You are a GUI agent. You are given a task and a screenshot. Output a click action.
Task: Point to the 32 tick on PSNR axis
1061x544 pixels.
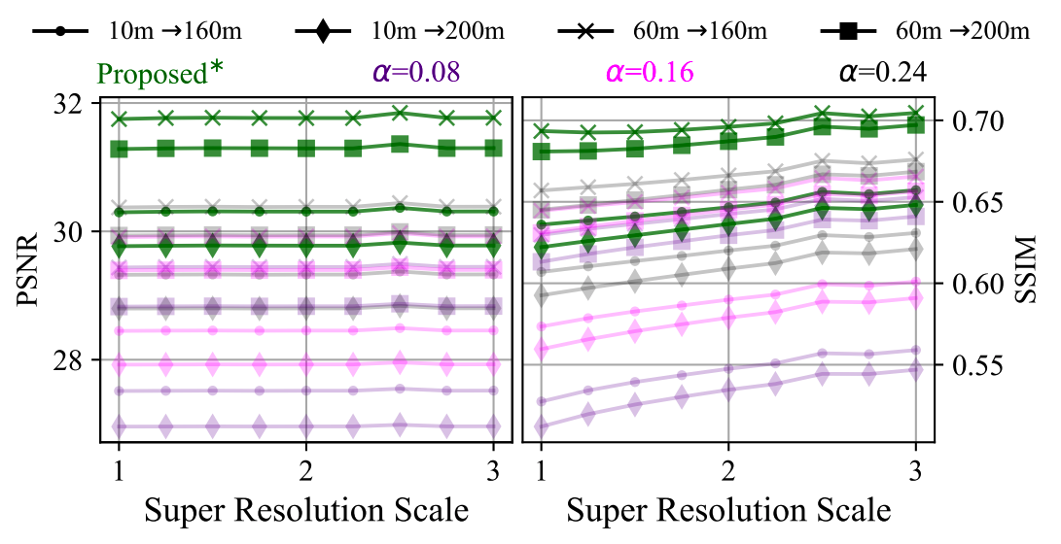tap(79, 103)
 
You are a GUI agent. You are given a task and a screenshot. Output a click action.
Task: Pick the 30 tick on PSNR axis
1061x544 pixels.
tap(79, 232)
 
